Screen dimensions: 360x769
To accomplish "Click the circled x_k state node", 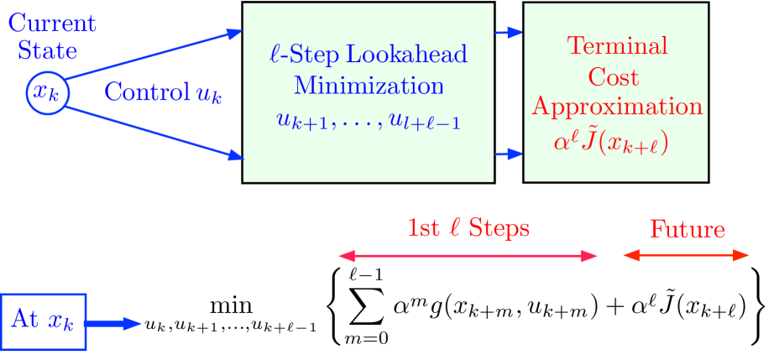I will click(x=46, y=92).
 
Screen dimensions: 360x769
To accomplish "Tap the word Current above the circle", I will click(x=52, y=23).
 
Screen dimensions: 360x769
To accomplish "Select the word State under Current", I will click(x=48, y=50).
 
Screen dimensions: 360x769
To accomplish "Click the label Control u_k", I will click(x=163, y=93).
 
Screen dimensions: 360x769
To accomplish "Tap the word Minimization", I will click(x=369, y=86).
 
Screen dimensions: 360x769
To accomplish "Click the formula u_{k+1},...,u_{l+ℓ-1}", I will click(x=369, y=121).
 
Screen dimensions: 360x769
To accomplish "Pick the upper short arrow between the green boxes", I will click(x=509, y=33).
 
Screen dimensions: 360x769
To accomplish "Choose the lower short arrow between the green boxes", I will click(x=509, y=154).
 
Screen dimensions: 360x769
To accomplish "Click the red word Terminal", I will click(x=617, y=46).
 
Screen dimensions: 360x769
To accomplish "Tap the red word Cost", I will click(x=614, y=77).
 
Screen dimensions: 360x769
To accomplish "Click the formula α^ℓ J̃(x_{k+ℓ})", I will click(x=610, y=143).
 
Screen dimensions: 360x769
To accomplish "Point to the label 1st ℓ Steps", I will click(x=468, y=228).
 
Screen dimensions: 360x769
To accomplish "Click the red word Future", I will click(x=687, y=230).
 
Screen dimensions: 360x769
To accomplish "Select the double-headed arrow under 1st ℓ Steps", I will click(x=468, y=256).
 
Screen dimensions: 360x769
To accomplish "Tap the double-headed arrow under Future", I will click(x=686, y=255).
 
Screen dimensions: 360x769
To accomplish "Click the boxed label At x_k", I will click(x=44, y=321).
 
